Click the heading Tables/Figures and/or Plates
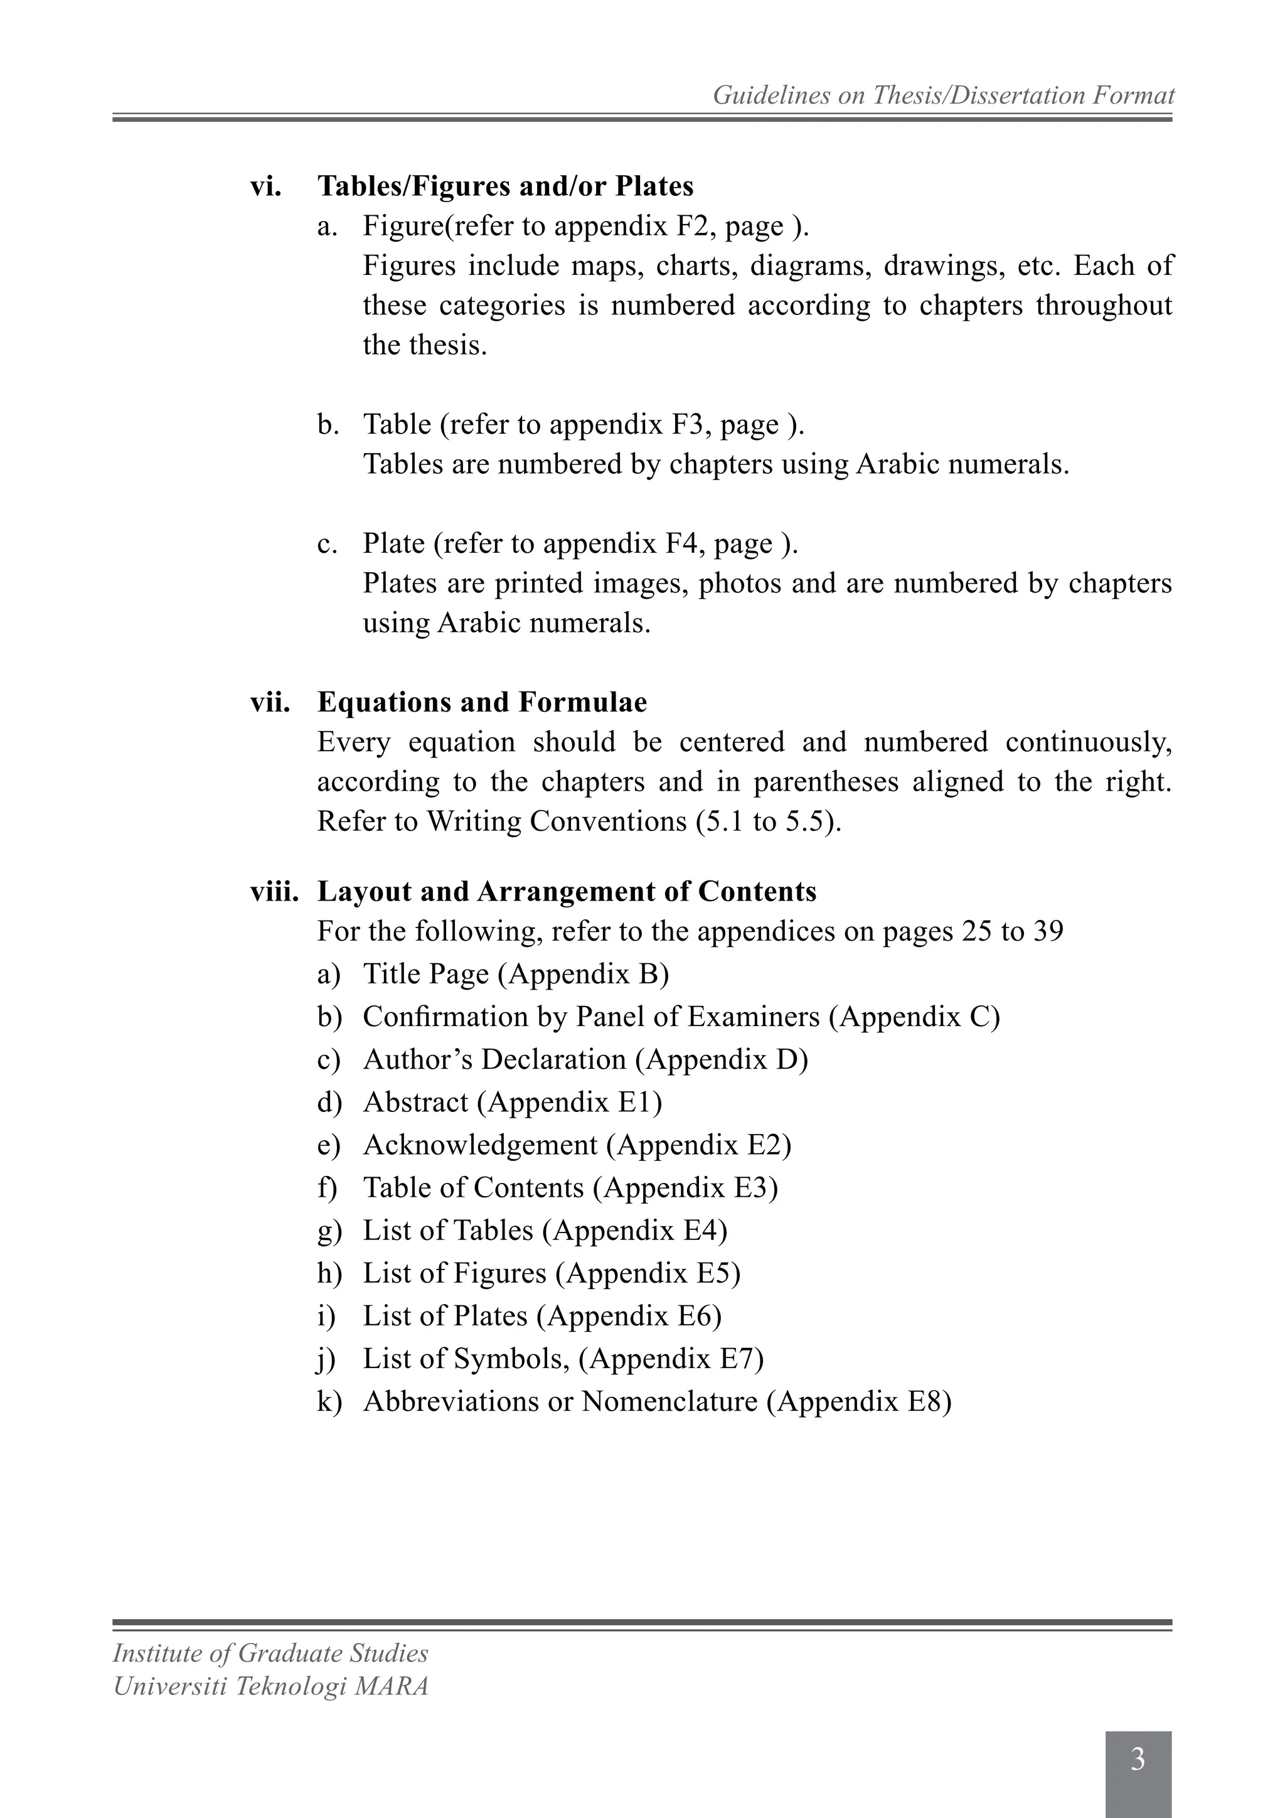coord(505,186)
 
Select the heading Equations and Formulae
coord(481,702)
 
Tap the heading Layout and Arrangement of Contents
coord(566,892)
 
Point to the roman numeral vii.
coord(270,702)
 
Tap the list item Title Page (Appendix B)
coord(515,974)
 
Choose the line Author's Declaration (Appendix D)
coord(585,1059)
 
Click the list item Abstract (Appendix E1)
coord(512,1102)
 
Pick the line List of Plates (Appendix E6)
coord(541,1316)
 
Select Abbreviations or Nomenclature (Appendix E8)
coord(656,1401)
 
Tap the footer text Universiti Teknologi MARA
coord(270,1686)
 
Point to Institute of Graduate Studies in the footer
coord(270,1652)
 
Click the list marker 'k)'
coord(329,1401)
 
